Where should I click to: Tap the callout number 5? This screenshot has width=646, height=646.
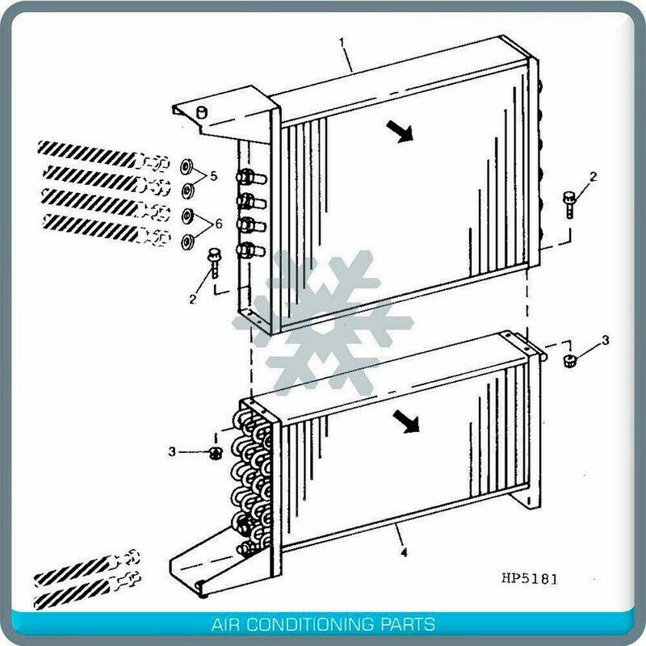(213, 175)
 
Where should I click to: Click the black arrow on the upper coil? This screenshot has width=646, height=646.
(399, 130)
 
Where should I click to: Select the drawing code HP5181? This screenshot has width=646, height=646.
(529, 578)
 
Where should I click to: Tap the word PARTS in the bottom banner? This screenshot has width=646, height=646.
(409, 624)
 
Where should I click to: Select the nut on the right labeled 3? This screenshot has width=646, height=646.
(569, 359)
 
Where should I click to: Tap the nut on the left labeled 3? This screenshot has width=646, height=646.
(216, 453)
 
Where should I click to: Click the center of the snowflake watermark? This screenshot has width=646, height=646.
(323, 323)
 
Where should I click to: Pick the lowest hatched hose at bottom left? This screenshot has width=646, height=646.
(77, 595)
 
